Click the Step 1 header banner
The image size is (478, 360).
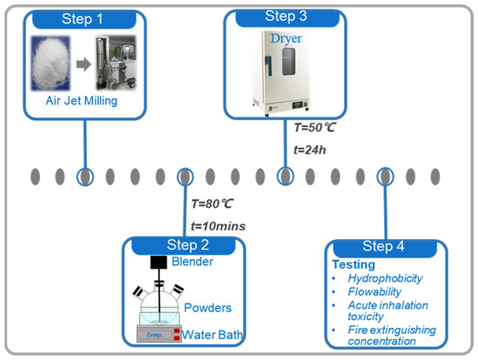(x=84, y=19)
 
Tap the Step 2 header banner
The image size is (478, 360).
(x=183, y=245)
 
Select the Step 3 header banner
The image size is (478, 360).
(x=288, y=17)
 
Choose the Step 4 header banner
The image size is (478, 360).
(x=385, y=248)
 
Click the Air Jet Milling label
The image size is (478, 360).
(x=82, y=101)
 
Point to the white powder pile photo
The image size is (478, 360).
(x=50, y=63)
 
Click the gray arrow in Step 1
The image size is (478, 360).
(x=83, y=64)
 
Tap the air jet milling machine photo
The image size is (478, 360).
(x=116, y=63)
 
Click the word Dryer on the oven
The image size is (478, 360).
(x=286, y=38)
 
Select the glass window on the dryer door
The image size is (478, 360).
(x=289, y=62)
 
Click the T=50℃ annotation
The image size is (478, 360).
(x=315, y=128)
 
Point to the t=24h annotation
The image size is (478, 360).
(x=309, y=150)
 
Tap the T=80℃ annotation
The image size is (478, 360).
(x=212, y=203)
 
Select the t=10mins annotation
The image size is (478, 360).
(x=218, y=226)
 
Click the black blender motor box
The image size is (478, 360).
(x=159, y=263)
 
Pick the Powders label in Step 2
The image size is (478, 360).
(x=208, y=308)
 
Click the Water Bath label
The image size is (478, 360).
(x=212, y=335)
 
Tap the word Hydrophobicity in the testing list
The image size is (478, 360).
(x=385, y=278)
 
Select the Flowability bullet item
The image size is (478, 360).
(x=375, y=292)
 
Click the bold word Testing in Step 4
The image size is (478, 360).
(x=354, y=264)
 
